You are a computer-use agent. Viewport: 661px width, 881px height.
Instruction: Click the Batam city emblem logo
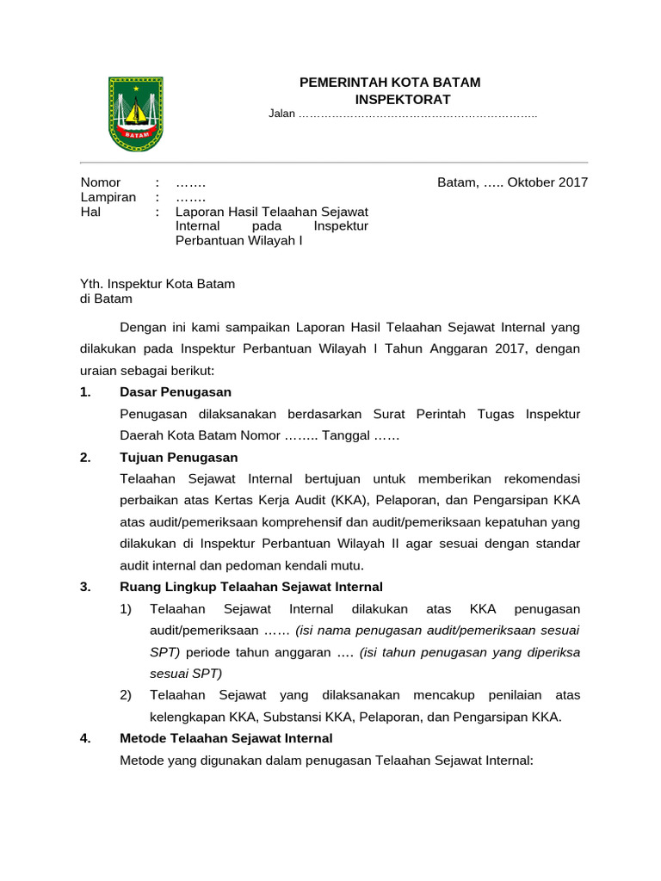tap(135, 114)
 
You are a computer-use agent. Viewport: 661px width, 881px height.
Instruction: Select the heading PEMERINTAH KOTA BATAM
tap(389, 83)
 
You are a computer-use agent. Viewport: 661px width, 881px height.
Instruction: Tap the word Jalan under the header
tap(281, 114)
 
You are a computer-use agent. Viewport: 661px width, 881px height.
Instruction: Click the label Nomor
tap(101, 182)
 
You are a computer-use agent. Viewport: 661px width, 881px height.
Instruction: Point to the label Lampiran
tap(108, 197)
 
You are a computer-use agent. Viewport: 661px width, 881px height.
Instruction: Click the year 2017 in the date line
tap(571, 182)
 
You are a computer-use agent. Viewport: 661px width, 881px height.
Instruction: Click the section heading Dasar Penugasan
tap(176, 392)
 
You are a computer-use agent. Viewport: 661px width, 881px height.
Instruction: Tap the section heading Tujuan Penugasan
tap(179, 457)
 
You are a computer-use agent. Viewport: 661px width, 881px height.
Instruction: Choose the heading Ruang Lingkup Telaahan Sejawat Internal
tap(251, 587)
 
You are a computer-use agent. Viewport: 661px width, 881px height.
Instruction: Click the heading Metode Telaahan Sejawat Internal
tap(226, 738)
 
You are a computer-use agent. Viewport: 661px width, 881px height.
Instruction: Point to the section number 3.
tap(84, 587)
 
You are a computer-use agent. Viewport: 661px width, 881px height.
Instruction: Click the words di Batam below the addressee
tap(106, 299)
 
